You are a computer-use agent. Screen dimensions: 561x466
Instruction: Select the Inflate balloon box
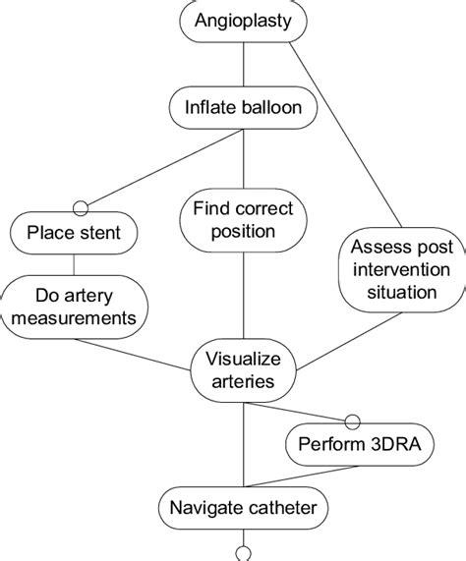tap(243, 105)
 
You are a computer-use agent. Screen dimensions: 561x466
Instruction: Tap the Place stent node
tap(74, 233)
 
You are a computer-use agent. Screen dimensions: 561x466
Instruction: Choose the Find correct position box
tap(243, 221)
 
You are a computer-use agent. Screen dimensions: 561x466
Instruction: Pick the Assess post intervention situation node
tap(399, 268)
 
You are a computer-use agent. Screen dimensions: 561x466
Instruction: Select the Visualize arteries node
tap(243, 369)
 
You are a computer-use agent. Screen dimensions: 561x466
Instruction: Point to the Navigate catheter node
tap(243, 508)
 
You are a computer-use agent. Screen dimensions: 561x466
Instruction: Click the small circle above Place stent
tap(81, 208)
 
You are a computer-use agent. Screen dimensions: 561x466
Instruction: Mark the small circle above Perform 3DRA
tap(351, 418)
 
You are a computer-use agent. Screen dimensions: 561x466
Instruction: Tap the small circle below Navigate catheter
tap(243, 551)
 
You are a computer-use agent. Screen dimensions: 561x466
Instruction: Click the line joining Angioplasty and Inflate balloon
tap(243, 62)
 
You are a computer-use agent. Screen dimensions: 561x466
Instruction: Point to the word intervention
tap(399, 269)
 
